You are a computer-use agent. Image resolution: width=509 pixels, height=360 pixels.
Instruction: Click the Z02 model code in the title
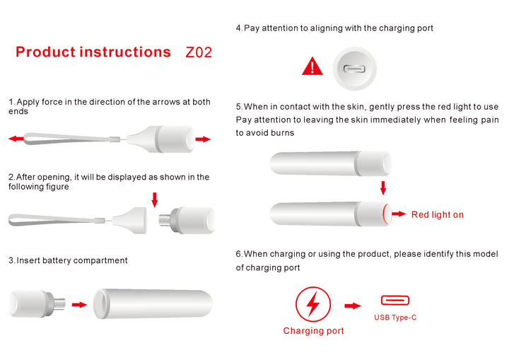point(199,52)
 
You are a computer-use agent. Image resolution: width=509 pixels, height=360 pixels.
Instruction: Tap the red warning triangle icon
point(312,66)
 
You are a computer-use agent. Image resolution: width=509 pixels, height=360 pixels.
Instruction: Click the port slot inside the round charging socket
point(354,69)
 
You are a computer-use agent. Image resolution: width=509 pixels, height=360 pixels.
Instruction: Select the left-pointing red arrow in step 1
point(16,139)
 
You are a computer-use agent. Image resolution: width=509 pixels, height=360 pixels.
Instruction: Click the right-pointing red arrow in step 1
point(203,139)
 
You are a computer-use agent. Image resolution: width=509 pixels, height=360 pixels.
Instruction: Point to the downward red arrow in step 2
point(155,199)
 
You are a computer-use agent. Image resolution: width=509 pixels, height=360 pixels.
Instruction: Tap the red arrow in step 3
point(79,304)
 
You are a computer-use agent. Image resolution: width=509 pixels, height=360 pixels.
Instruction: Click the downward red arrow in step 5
point(383,188)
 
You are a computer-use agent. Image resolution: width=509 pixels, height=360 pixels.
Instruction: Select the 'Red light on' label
point(438,214)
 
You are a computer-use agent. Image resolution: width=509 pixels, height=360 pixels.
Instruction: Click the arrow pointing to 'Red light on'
point(399,214)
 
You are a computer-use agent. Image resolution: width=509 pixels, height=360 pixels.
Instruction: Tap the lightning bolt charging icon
point(313,304)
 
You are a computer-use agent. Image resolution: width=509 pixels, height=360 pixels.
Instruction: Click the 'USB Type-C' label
point(395,318)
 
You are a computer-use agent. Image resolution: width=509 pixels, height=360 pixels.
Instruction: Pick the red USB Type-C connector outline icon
point(395,300)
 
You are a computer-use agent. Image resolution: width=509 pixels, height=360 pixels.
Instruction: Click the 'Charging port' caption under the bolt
point(313,331)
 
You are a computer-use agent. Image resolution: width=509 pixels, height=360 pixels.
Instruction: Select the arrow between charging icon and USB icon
point(353,306)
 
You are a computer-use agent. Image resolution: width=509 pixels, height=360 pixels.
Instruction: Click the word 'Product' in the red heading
point(45,52)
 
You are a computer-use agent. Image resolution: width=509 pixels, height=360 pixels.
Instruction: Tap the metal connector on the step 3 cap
point(59,304)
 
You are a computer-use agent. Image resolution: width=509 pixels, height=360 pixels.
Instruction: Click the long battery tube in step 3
point(153,304)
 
